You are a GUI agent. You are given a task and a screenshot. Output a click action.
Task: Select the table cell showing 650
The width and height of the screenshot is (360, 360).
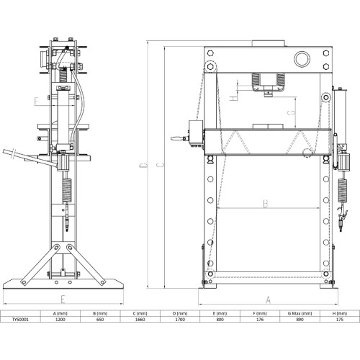click(101, 322)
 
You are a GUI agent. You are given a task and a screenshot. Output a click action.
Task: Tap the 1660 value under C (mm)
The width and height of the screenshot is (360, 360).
click(141, 322)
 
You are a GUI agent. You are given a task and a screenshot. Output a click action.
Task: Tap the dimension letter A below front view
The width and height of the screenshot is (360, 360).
click(268, 299)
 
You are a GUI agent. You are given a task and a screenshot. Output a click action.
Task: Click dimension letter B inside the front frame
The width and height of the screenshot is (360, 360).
click(265, 204)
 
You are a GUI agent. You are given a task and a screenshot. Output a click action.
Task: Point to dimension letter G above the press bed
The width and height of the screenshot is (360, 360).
click(289, 112)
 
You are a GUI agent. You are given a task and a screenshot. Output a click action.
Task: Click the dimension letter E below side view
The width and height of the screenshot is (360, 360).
click(63, 297)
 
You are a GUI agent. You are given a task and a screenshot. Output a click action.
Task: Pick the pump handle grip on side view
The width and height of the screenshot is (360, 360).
click(10, 152)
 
